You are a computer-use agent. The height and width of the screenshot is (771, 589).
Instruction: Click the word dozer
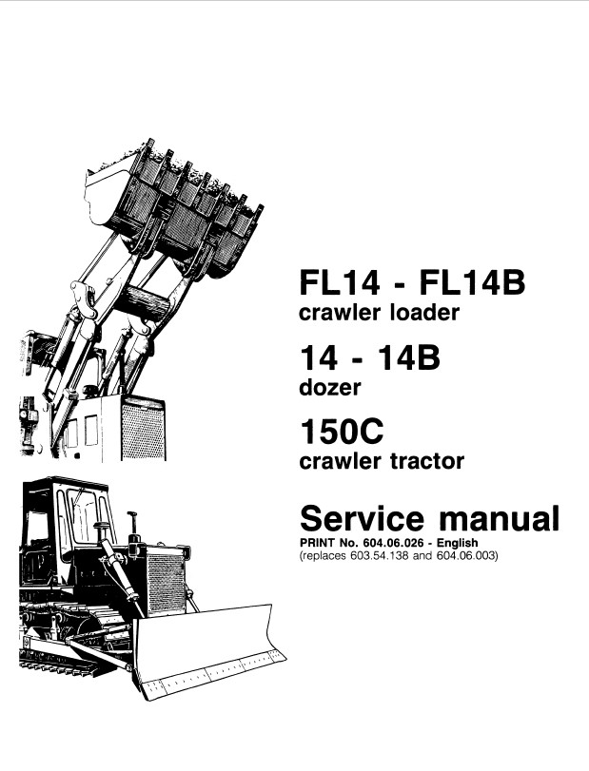(x=329, y=388)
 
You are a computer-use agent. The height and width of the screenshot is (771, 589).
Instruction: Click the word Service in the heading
(x=362, y=518)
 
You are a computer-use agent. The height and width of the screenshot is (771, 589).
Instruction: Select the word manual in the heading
(x=499, y=518)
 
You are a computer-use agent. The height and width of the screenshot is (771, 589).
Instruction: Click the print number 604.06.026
(x=393, y=543)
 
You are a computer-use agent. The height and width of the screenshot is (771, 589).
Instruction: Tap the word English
(x=457, y=543)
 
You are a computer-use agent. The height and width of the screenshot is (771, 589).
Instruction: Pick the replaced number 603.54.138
(x=379, y=556)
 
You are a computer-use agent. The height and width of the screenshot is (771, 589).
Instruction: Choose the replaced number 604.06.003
(x=465, y=556)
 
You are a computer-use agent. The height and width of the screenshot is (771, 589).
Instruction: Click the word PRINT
(x=318, y=543)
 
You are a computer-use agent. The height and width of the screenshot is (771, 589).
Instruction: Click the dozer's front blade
(x=209, y=649)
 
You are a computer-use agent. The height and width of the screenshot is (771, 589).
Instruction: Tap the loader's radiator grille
(x=143, y=429)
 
